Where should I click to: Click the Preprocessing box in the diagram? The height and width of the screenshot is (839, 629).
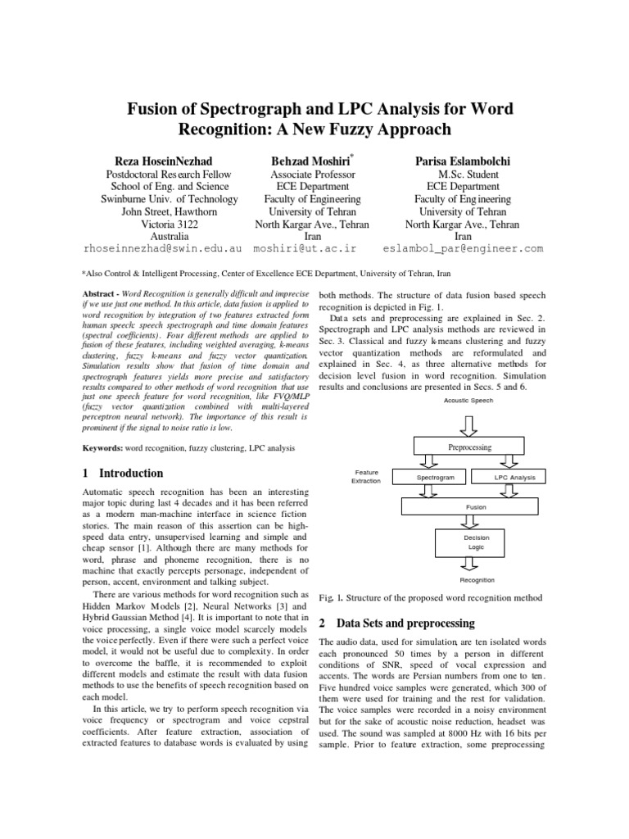tap(470, 447)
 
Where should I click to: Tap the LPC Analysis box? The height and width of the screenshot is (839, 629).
tap(514, 476)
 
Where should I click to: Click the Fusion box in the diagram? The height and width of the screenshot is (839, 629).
tap(476, 507)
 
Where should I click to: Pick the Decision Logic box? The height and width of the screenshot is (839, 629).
tap(476, 542)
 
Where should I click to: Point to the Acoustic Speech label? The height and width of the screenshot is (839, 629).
tap(468, 400)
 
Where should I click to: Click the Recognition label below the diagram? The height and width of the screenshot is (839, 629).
tap(476, 580)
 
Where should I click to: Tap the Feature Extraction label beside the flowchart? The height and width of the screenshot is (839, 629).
tap(366, 476)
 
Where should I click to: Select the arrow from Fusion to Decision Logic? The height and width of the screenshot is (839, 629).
tap(476, 522)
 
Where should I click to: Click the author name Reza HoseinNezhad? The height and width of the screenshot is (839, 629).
tap(170, 159)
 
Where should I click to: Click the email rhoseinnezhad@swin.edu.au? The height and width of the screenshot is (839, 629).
tap(164, 247)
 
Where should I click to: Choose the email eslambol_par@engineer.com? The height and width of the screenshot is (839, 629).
tap(463, 247)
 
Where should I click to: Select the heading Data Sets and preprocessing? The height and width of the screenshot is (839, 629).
tap(400, 623)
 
